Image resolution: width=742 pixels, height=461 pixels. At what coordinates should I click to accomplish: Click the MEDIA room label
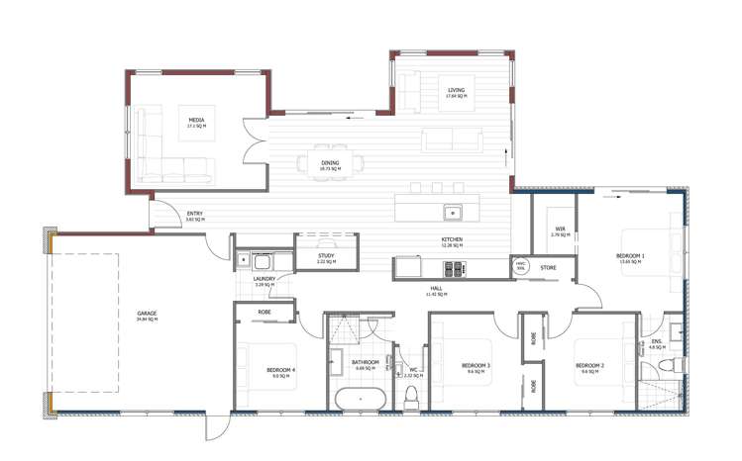(x=195, y=120)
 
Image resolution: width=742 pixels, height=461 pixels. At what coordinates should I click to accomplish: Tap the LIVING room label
(x=455, y=91)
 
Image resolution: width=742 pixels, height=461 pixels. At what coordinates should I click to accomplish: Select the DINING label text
(x=330, y=163)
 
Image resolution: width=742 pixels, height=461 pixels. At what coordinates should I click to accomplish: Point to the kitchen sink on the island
(x=452, y=211)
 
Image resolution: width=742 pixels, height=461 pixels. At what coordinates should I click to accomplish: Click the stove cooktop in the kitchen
(x=454, y=267)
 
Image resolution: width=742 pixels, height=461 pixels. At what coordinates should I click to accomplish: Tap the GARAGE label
(x=148, y=314)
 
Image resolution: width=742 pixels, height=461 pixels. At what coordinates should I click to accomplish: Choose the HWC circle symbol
(x=520, y=267)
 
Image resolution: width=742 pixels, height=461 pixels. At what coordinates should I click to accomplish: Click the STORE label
(x=548, y=267)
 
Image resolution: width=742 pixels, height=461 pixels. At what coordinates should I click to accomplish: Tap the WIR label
(x=560, y=230)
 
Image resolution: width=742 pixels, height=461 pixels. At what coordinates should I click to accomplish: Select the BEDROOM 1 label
(x=630, y=256)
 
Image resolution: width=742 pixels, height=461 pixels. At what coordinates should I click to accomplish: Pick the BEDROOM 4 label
(x=280, y=371)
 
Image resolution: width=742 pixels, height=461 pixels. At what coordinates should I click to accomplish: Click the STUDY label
(x=326, y=256)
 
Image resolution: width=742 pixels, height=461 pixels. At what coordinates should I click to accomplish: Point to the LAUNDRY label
(x=264, y=279)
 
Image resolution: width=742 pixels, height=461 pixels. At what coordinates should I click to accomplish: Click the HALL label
(x=437, y=289)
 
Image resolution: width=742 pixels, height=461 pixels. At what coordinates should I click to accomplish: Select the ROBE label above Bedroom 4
(x=265, y=313)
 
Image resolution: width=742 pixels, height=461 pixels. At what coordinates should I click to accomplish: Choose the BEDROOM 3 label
(x=477, y=366)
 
